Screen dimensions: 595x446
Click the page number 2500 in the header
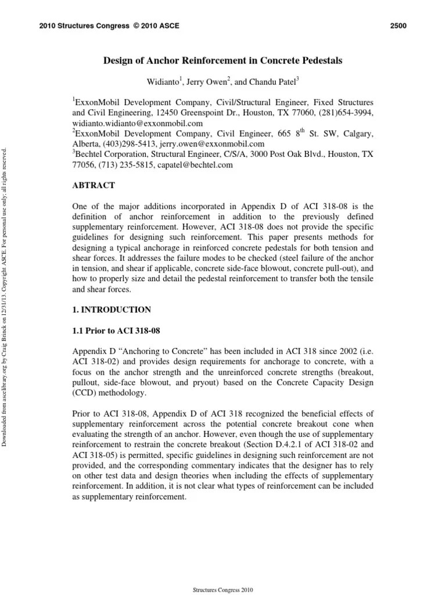coord(397,26)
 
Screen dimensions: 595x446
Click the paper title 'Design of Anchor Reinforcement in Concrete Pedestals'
coord(223,60)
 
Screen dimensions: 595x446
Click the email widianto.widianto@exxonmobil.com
coord(138,123)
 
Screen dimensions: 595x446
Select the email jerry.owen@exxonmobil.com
coord(214,144)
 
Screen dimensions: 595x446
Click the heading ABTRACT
coord(93,185)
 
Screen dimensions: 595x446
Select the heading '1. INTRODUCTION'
coord(111,310)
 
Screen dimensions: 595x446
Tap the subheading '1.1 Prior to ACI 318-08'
coord(116,331)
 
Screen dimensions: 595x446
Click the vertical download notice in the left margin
coord(6,291)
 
